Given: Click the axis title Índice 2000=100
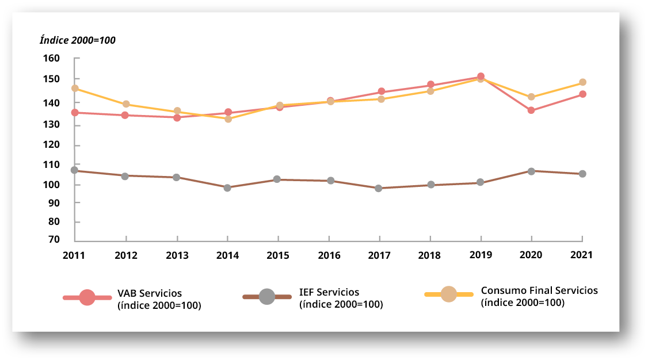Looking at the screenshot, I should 78,40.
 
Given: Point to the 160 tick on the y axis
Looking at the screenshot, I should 51,59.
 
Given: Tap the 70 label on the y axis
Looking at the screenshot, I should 54,240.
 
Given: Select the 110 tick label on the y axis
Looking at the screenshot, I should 51,164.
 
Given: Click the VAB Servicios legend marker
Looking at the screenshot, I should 87,297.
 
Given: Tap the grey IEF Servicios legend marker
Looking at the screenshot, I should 267,297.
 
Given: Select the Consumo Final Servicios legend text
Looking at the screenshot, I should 539,296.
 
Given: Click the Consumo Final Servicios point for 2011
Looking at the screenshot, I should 75,89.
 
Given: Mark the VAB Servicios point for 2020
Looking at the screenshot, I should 531,110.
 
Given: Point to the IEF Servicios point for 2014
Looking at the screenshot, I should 227,187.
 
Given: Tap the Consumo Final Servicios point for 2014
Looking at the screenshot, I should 228,119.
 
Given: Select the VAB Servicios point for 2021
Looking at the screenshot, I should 582,94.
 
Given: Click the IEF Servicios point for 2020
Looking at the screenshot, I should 531,171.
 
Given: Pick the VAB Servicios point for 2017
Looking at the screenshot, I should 381,91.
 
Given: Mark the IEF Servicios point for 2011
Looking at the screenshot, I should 75,170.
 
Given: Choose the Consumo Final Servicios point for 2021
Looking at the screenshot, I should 582,82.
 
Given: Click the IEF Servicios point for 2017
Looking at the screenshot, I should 379,188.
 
